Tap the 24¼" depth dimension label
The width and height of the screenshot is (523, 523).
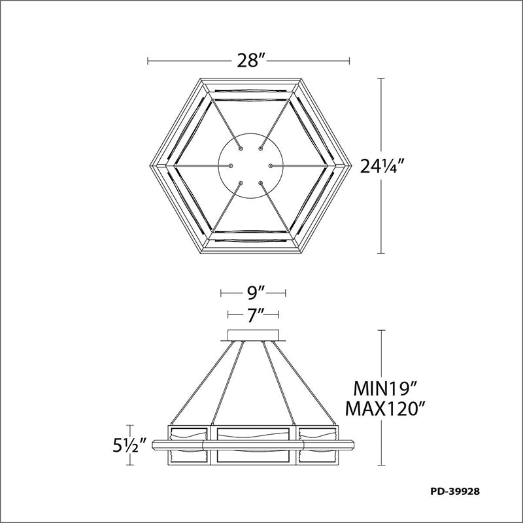[382, 166]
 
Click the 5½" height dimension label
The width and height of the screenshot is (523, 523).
[129, 445]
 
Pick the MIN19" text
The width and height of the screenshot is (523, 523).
[386, 389]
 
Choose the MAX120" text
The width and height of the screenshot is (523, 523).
[386, 408]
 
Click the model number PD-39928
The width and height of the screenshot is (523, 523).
[455, 492]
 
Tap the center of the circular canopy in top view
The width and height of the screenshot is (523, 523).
[250, 166]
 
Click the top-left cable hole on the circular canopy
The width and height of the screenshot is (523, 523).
[241, 148]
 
